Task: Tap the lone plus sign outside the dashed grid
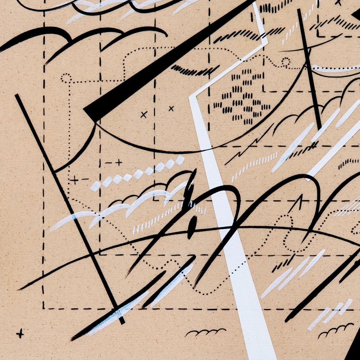20,333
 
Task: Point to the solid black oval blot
192,223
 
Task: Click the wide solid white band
237,255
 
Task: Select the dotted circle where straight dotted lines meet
66,78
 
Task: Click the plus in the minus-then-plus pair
119,163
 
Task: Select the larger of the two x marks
144,114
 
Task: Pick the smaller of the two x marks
171,109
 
